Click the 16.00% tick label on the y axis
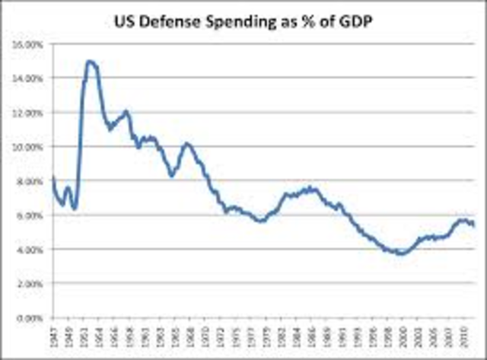coord(28,44)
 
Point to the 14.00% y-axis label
coord(28,78)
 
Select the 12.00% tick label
coord(28,113)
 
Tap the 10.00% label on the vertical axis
coord(28,147)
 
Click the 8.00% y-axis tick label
coord(30,181)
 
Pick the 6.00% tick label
coord(30,215)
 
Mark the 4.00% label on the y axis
coord(30,250)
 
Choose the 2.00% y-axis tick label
coord(30,284)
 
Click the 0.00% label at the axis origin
coord(30,317)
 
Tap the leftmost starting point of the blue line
coord(53,178)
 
